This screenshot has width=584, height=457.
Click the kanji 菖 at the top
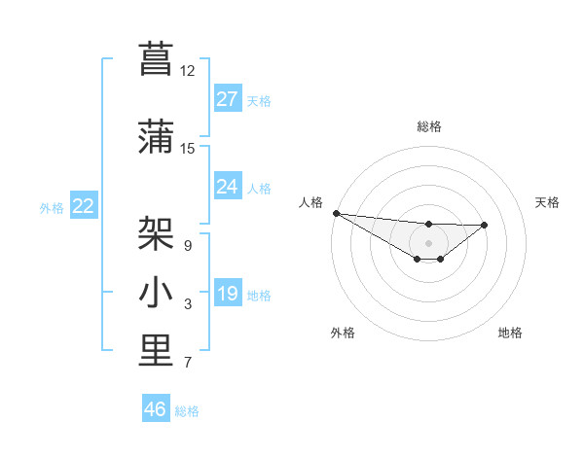tap(156, 57)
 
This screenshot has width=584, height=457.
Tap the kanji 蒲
tap(156, 136)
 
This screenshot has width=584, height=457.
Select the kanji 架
tap(156, 232)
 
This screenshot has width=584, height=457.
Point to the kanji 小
tap(156, 293)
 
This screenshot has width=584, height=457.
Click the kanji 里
tap(156, 351)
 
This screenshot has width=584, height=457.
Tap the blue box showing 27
tap(228, 99)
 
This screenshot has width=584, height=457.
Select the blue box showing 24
tap(228, 187)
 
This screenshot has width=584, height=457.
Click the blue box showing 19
tap(228, 294)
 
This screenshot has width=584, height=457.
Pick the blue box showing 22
tap(83, 206)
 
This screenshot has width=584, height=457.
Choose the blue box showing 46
tap(156, 409)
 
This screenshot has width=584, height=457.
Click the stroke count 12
tap(187, 71)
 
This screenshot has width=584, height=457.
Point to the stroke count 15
tap(187, 149)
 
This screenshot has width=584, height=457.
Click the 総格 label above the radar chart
tap(429, 126)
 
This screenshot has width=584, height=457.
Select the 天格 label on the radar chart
tap(547, 202)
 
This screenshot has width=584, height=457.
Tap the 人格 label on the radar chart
tap(310, 202)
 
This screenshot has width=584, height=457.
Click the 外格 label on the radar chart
tap(342, 333)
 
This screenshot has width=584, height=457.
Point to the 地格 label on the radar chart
tap(510, 333)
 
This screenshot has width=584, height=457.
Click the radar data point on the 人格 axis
tap(336, 213)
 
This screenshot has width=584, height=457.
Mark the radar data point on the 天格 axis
tap(485, 225)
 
